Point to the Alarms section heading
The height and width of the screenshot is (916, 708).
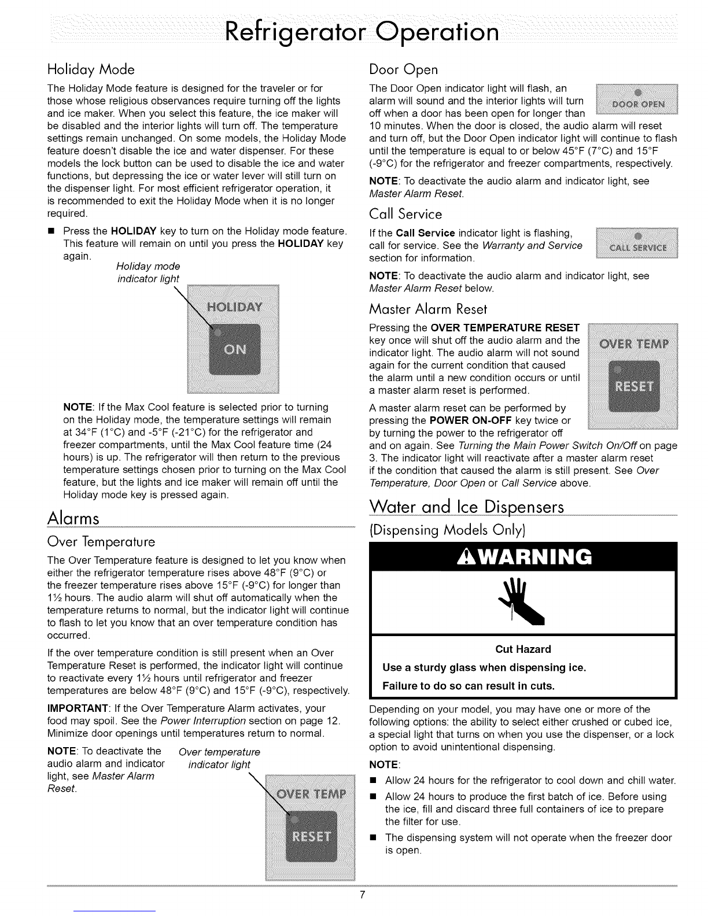tap(73, 518)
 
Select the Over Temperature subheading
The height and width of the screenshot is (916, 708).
tap(101, 542)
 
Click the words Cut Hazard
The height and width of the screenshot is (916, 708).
tap(523, 649)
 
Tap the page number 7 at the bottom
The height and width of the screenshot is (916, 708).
tap(362, 895)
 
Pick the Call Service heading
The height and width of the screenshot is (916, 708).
tap(405, 215)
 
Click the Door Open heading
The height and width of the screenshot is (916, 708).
tap(403, 69)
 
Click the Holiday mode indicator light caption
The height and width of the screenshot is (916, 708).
tap(148, 272)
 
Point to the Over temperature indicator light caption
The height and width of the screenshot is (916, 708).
tap(219, 758)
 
